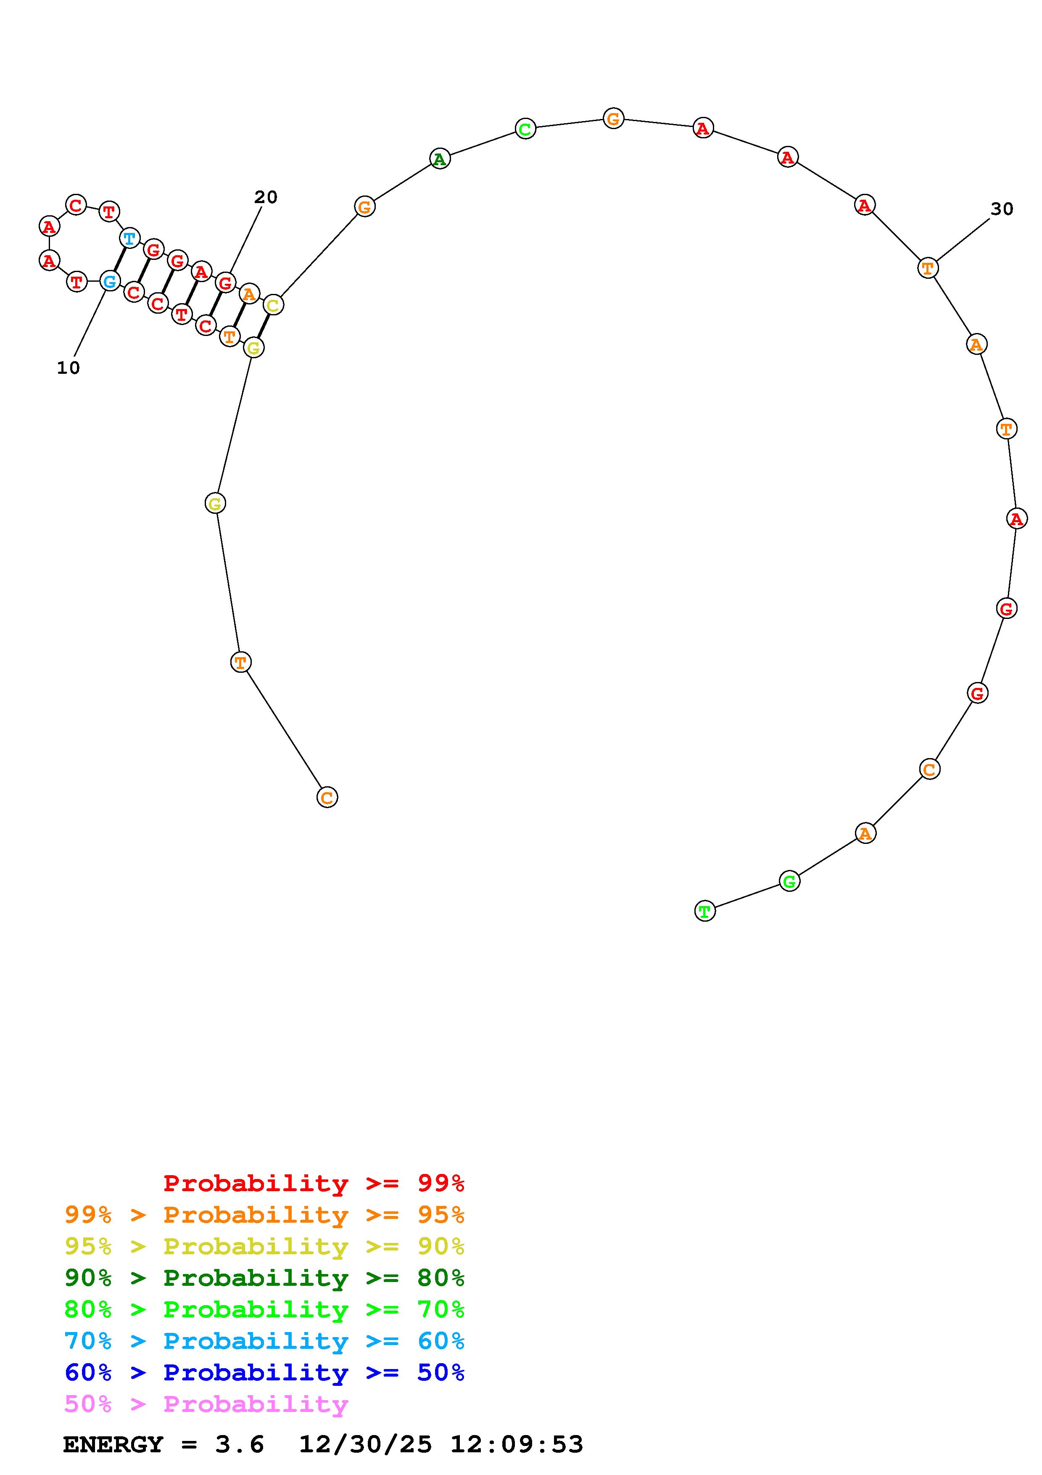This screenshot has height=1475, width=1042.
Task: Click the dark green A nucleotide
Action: pos(439,159)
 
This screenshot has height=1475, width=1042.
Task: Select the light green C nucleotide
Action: pos(525,129)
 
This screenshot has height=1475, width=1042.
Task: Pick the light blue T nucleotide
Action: pos(130,238)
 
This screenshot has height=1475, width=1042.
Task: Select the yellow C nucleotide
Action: pos(273,305)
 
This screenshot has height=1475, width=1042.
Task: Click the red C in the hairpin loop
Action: pos(76,206)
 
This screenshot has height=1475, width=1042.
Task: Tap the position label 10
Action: pos(69,368)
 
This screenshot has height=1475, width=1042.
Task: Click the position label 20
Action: pos(266,197)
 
